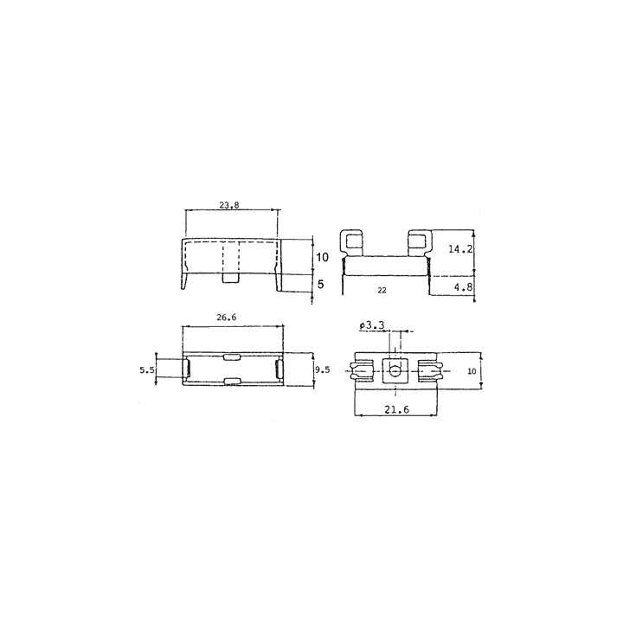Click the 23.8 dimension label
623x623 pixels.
(x=229, y=205)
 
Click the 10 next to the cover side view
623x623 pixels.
(x=322, y=257)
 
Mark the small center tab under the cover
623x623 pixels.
(x=231, y=277)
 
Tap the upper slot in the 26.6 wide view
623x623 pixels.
(x=232, y=357)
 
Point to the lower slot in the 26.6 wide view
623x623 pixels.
(x=232, y=382)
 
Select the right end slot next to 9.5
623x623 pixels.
(x=278, y=370)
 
